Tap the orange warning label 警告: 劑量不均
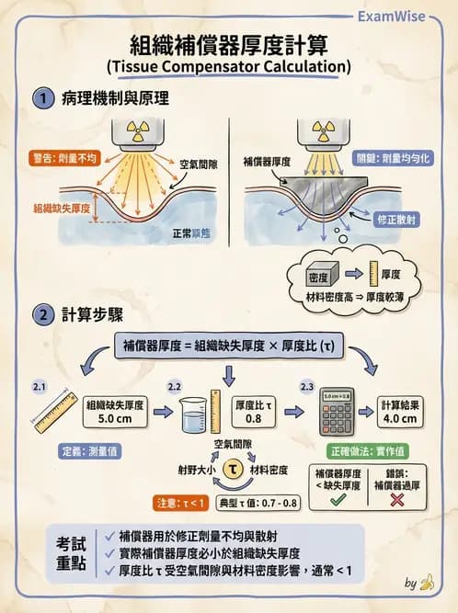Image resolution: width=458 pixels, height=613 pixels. (63, 158)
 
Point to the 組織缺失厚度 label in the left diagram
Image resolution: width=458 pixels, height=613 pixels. (63, 209)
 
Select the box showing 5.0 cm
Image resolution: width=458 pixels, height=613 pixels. (115, 411)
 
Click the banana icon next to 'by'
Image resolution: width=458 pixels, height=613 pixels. (426, 582)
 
